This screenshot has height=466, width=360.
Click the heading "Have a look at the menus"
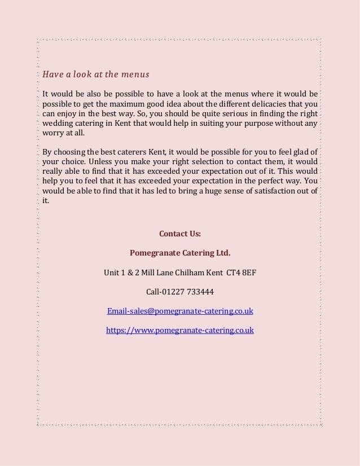(x=96, y=74)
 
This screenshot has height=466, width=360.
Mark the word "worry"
(x=54, y=136)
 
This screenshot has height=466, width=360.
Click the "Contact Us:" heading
(x=180, y=233)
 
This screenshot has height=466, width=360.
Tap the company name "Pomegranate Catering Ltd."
(x=180, y=252)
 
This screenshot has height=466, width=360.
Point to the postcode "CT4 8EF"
(x=241, y=272)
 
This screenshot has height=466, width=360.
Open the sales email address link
(x=180, y=311)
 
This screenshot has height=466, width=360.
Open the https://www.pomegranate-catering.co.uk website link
(x=180, y=330)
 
